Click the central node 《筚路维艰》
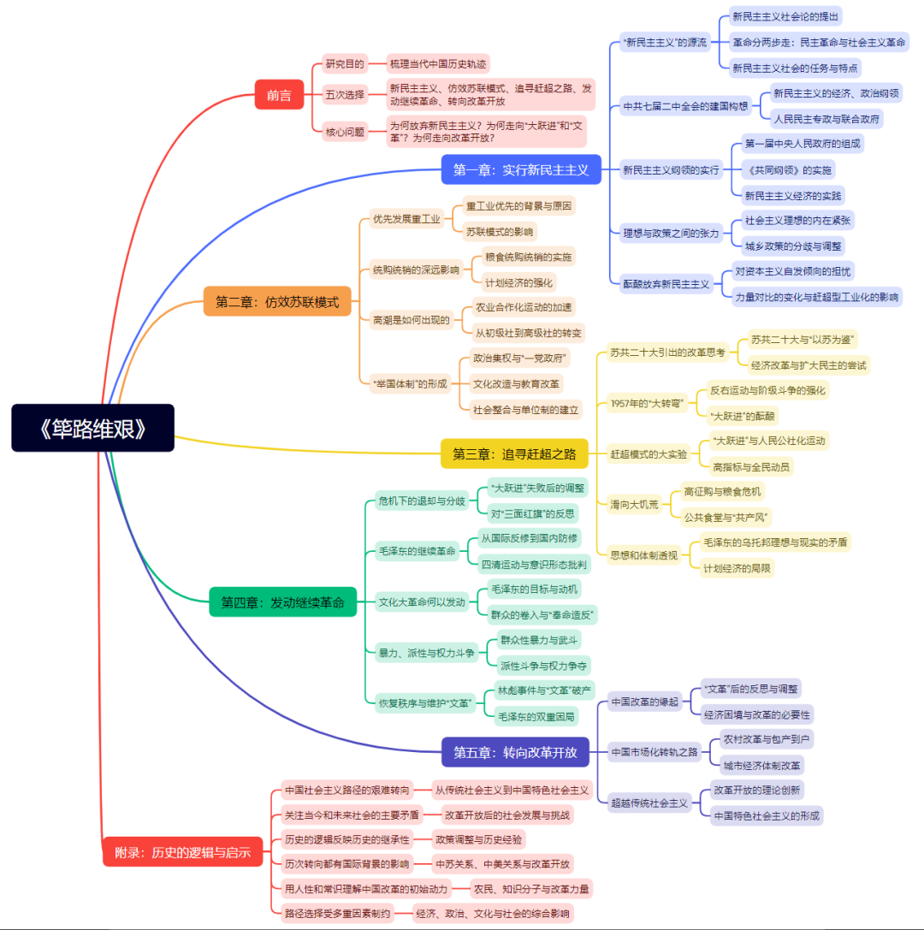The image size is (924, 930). click(x=92, y=428)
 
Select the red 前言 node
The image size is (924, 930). click(x=279, y=95)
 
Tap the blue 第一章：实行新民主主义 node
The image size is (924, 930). click(x=521, y=169)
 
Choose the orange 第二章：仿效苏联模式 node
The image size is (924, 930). click(x=277, y=301)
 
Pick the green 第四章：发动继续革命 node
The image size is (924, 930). click(x=282, y=602)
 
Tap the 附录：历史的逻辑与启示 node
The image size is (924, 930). click(x=182, y=852)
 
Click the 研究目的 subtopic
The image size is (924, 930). click(x=345, y=63)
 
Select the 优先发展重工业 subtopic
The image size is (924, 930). click(x=406, y=219)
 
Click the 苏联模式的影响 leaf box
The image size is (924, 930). click(x=500, y=231)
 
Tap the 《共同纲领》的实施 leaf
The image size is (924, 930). click(x=789, y=169)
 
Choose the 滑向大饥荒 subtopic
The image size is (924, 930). click(x=635, y=504)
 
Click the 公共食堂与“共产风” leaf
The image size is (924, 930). click(x=727, y=517)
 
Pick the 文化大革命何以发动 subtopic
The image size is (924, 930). click(x=422, y=602)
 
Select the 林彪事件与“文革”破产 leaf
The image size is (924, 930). click(x=544, y=690)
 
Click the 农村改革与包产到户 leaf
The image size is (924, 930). click(x=767, y=738)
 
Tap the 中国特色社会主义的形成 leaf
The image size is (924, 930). click(x=767, y=815)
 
